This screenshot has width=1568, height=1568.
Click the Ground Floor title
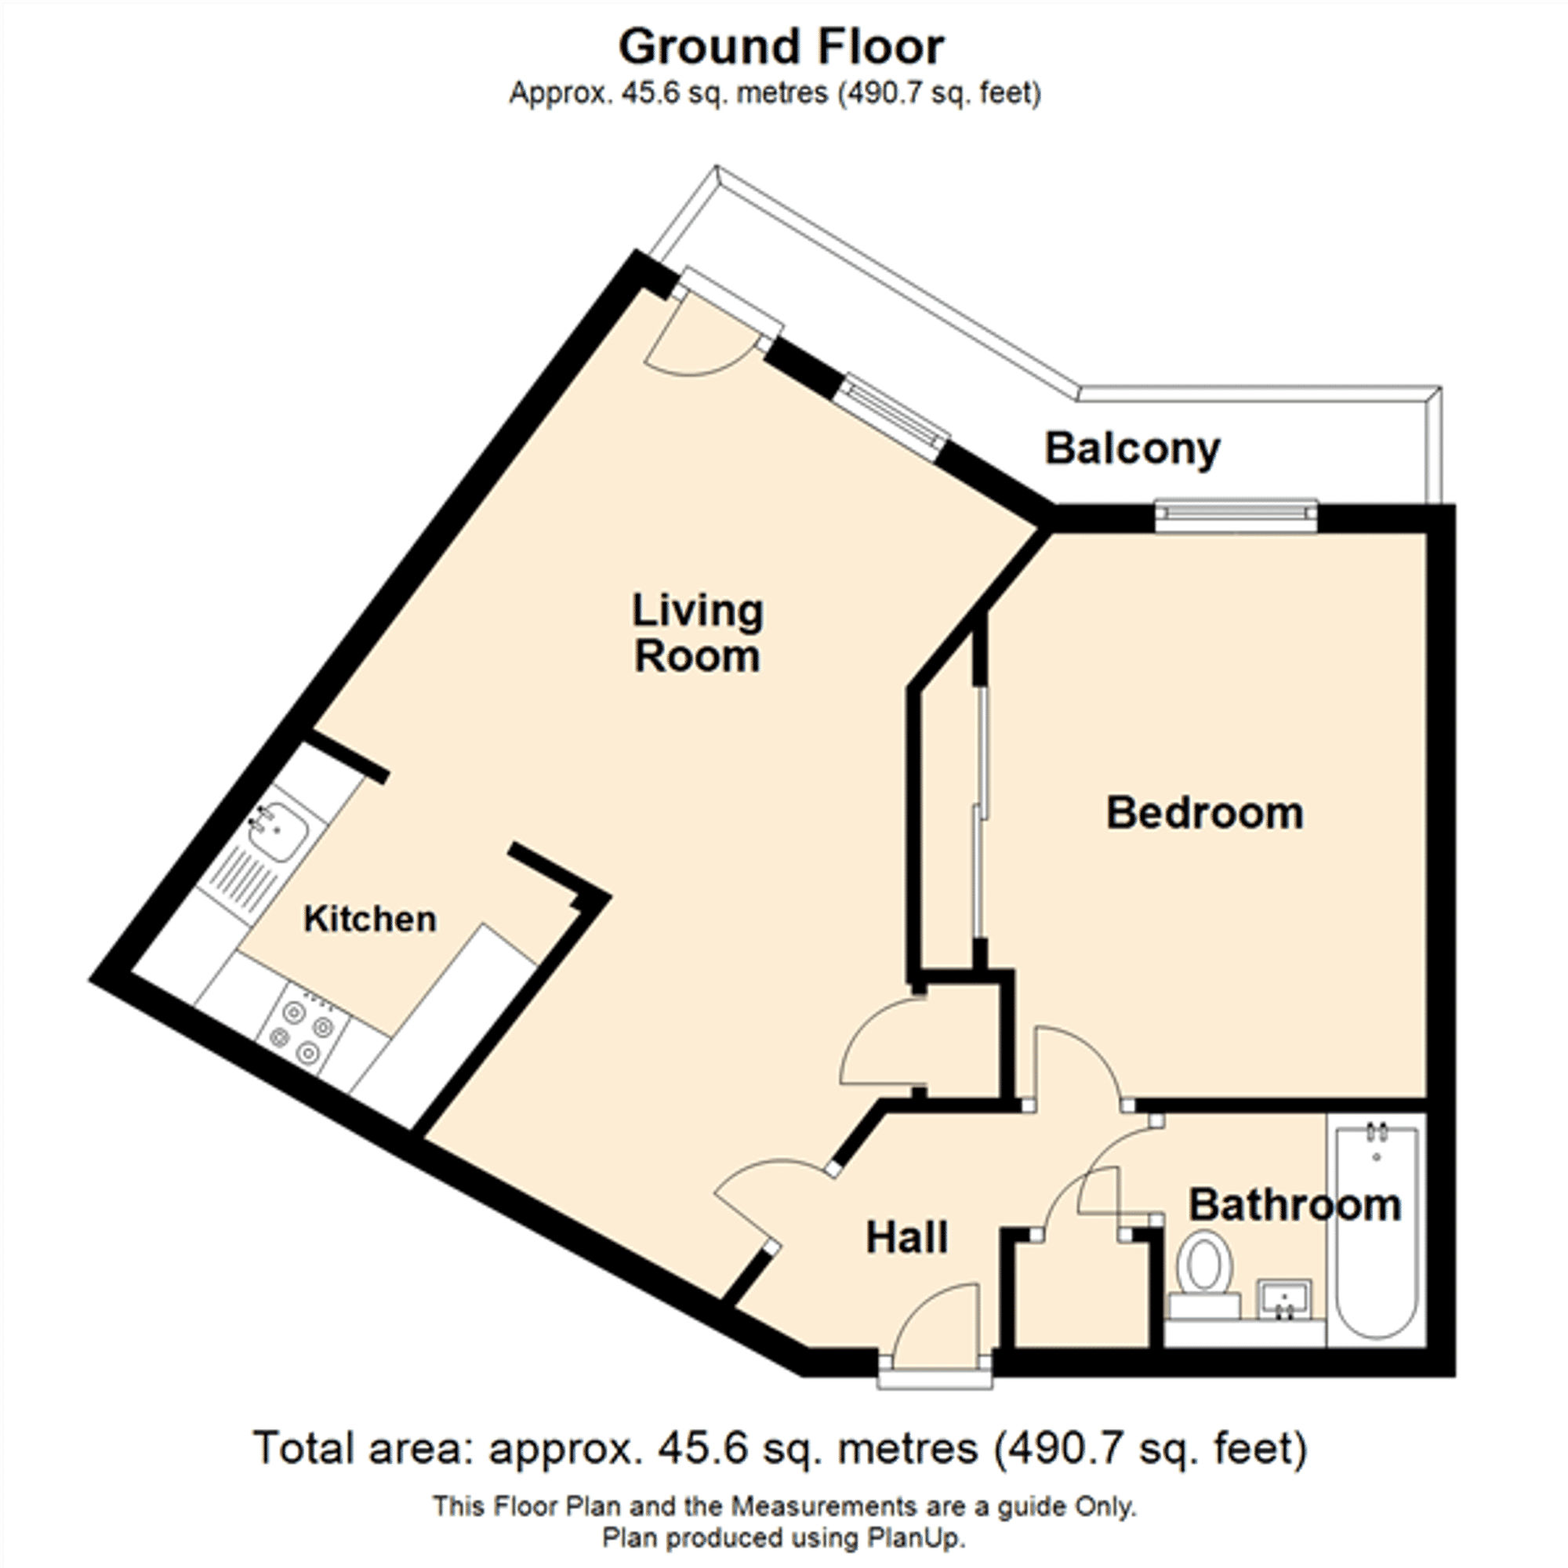[781, 47]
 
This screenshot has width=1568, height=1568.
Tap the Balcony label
[1132, 448]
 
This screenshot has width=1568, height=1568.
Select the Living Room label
[697, 633]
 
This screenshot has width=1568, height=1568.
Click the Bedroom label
[1204, 813]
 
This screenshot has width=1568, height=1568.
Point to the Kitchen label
[370, 919]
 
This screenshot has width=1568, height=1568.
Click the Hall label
[906, 1238]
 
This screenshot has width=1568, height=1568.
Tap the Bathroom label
[1294, 1205]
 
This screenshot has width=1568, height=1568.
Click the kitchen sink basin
[278, 831]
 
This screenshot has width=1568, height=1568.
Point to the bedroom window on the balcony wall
[1236, 516]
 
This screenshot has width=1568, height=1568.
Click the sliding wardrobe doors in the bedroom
[982, 811]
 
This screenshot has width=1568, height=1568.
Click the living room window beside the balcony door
[893, 414]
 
